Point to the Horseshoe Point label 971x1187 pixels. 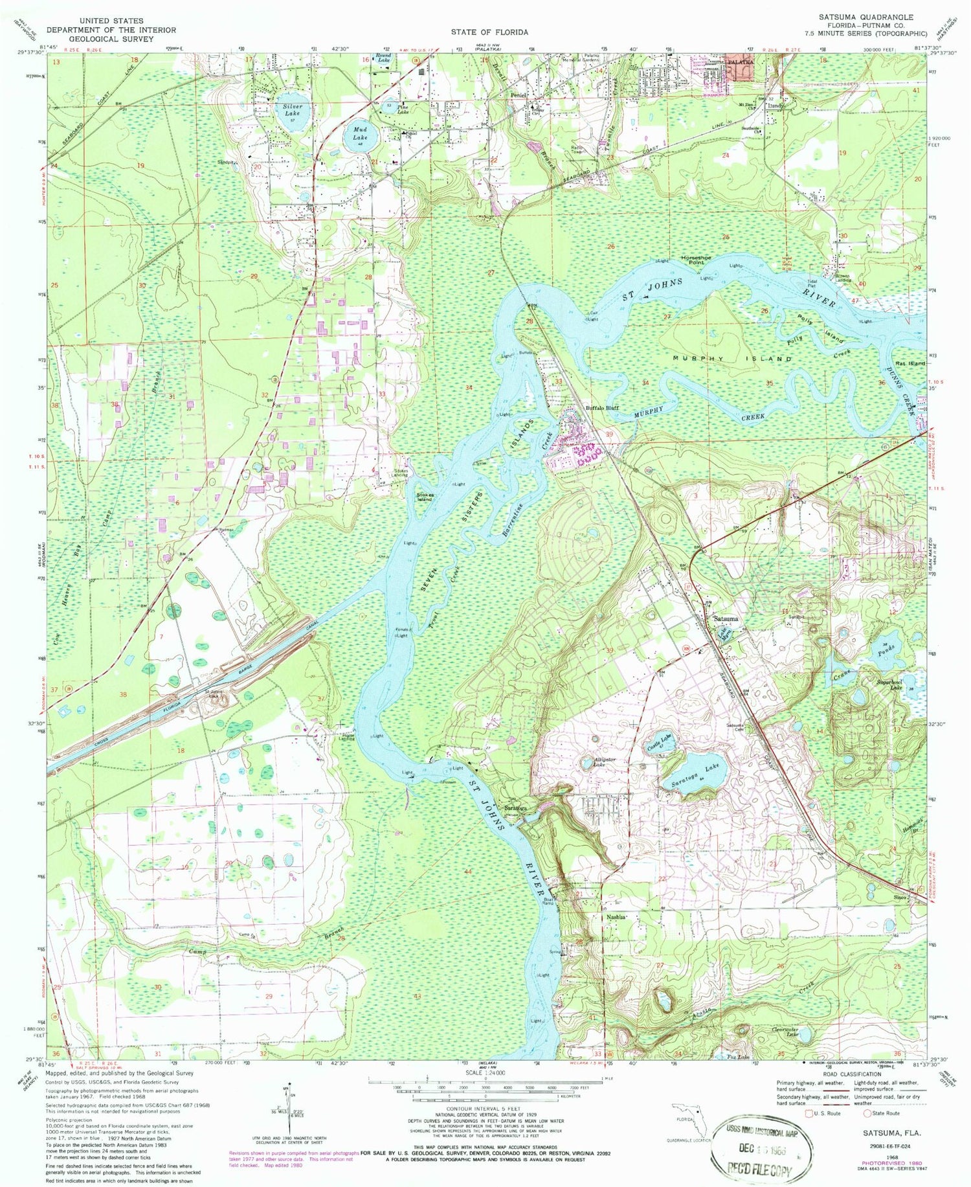pyautogui.click(x=696, y=260)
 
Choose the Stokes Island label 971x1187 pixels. pyautogui.click(x=424, y=497)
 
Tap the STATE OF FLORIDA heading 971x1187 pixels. pyautogui.click(x=490, y=32)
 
